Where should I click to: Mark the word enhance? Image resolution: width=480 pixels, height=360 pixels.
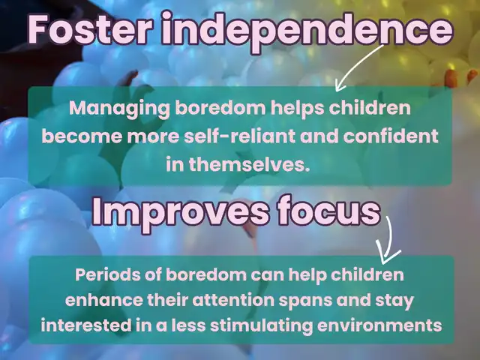coord(103,300)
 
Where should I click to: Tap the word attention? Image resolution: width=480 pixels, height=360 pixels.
coord(233,300)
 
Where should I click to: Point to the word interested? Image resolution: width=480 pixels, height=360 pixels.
coord(86,325)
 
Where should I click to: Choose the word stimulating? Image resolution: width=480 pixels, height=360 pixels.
coord(261,325)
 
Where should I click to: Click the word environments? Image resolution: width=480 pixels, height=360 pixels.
coord(379,325)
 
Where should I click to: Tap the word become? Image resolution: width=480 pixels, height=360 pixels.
coord(82,136)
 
